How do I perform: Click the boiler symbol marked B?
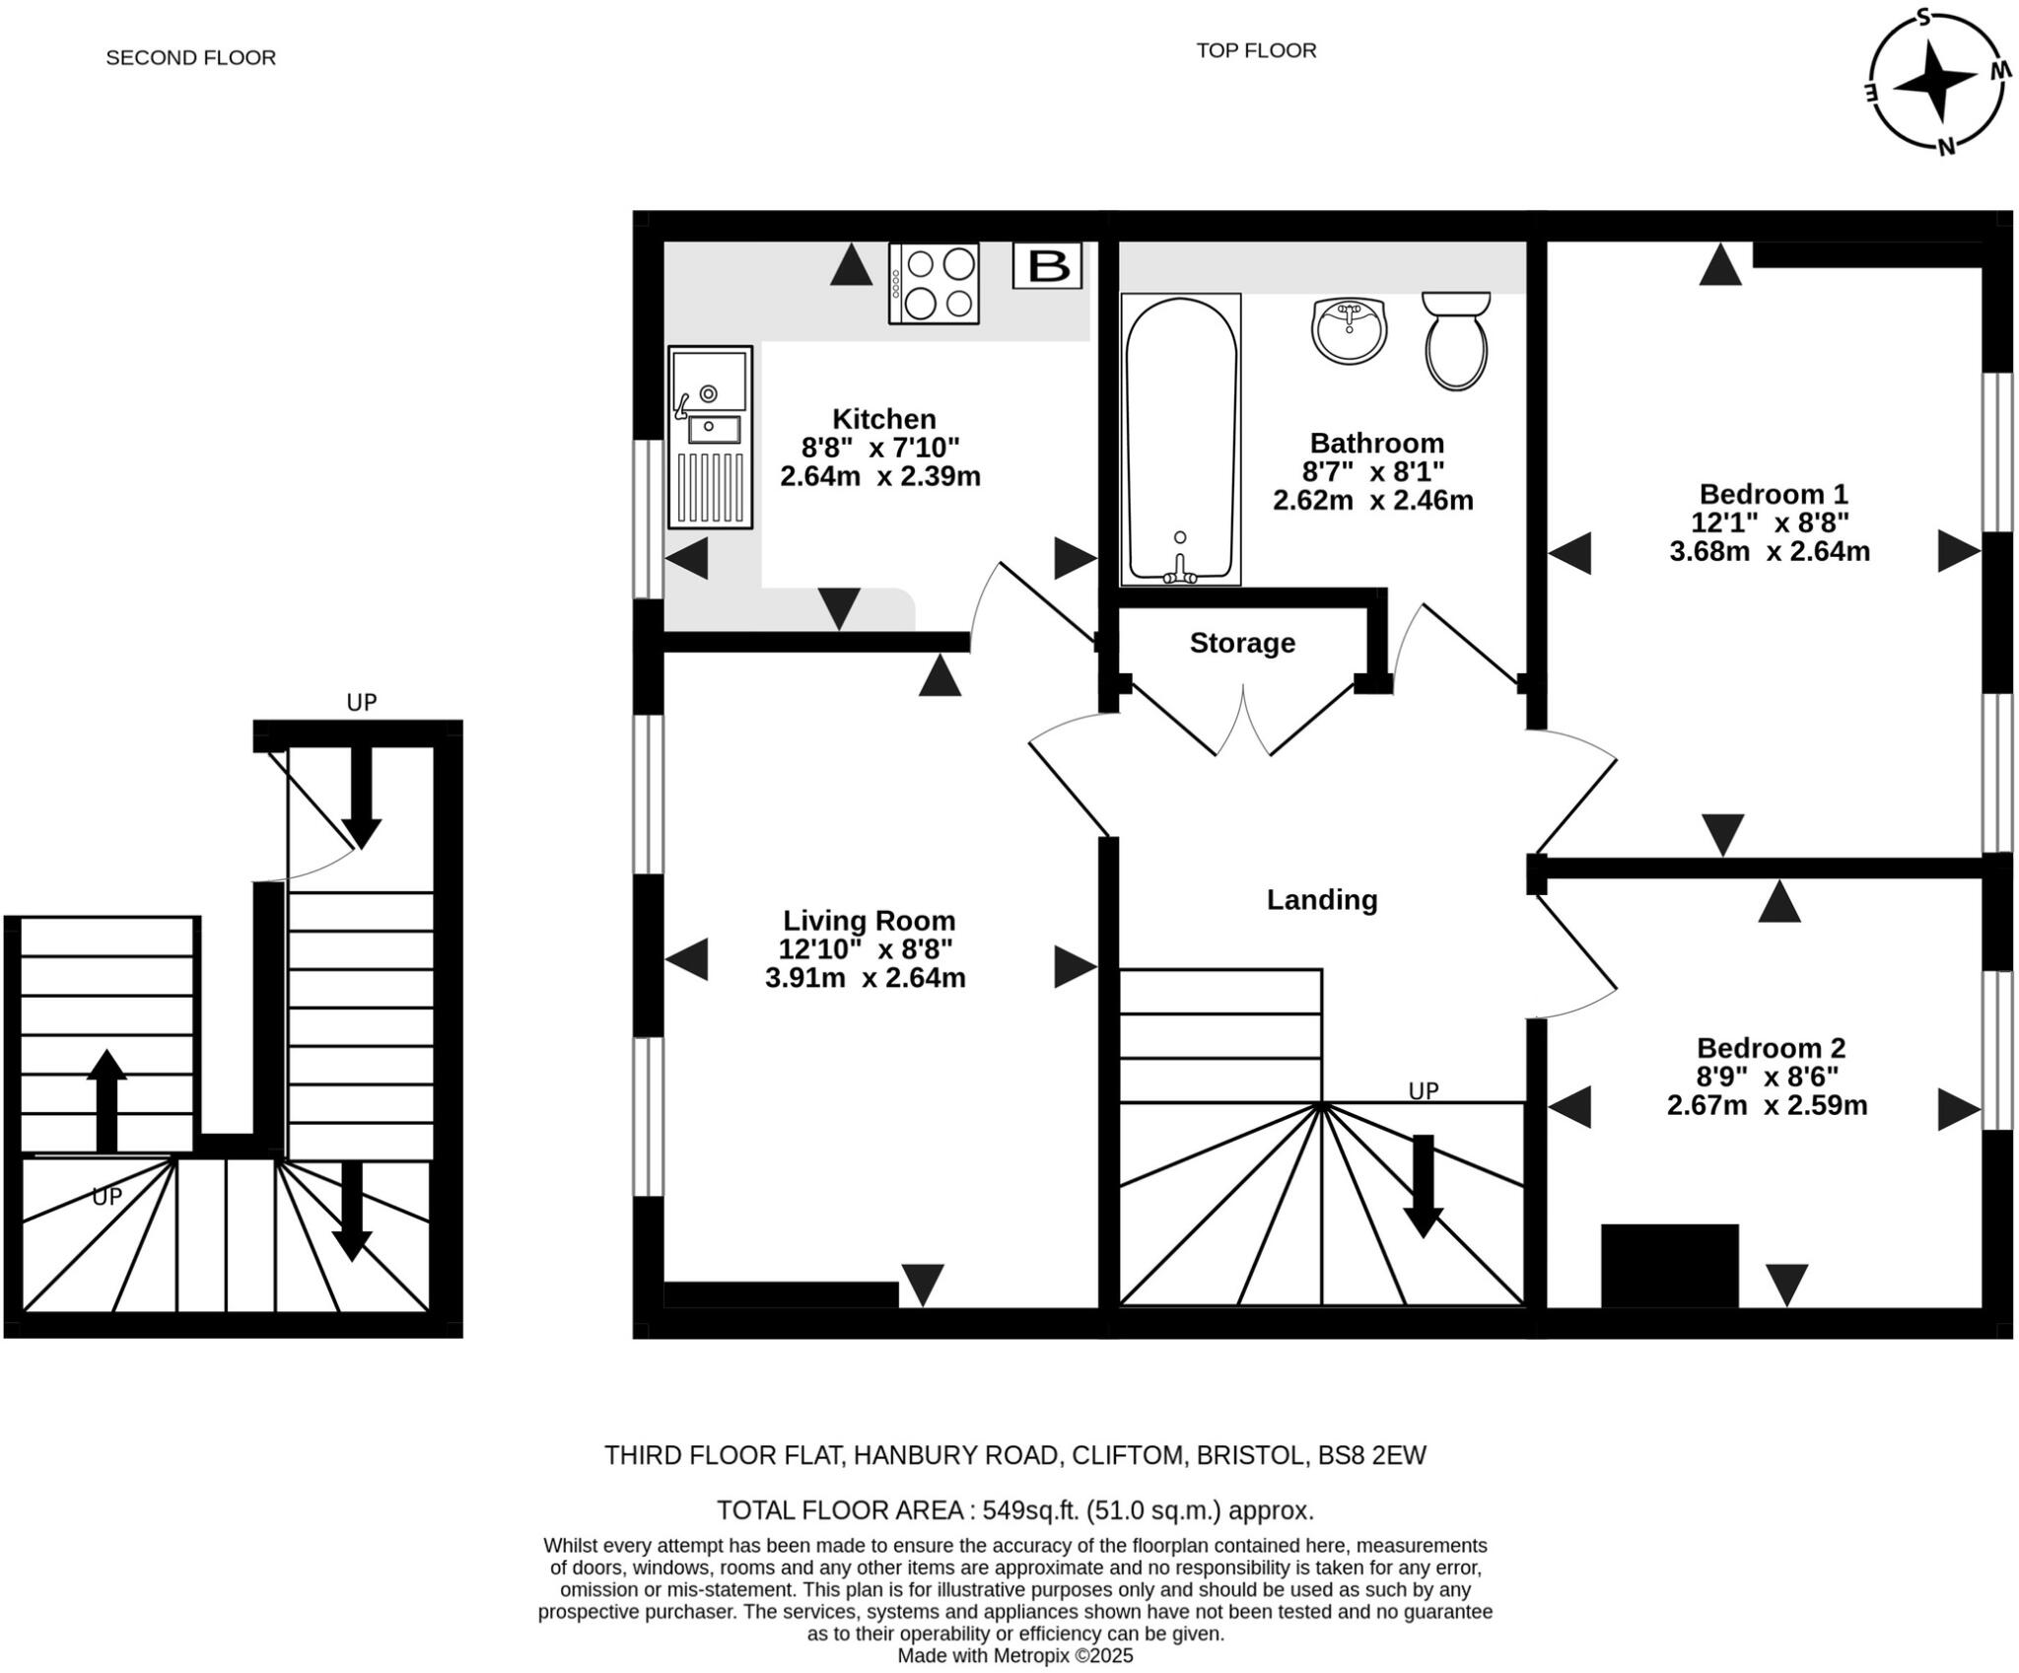[x=1047, y=265]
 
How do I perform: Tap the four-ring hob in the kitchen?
[x=934, y=283]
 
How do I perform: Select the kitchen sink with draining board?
[x=710, y=437]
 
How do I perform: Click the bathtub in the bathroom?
[x=1180, y=439]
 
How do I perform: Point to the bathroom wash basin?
[x=1350, y=329]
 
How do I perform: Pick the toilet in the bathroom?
[x=1456, y=339]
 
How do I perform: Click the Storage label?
[x=1242, y=643]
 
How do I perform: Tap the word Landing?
[x=1322, y=900]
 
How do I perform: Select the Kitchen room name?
[x=884, y=418]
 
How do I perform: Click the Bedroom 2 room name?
[x=1771, y=1048]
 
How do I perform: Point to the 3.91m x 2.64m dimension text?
[x=866, y=978]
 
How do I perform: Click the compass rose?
[x=1935, y=81]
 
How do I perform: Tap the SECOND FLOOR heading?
[x=190, y=58]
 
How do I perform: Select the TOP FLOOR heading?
[x=1256, y=50]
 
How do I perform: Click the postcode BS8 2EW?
[x=1372, y=1455]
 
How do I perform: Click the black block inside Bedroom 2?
[x=1669, y=1266]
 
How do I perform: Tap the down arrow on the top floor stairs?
[x=1423, y=1186]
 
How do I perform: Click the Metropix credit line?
[x=1015, y=1656]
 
